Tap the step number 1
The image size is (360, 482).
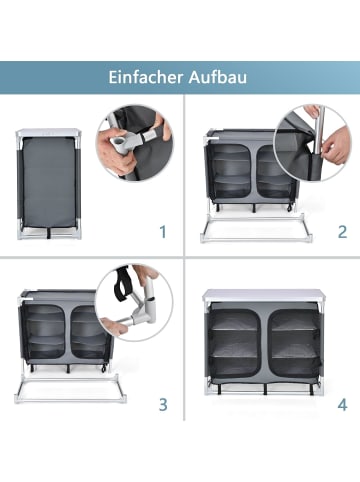(162, 232)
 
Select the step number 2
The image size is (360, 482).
(342, 232)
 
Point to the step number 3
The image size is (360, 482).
(162, 407)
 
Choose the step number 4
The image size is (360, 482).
(342, 407)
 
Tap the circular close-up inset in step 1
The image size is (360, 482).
(135, 146)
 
